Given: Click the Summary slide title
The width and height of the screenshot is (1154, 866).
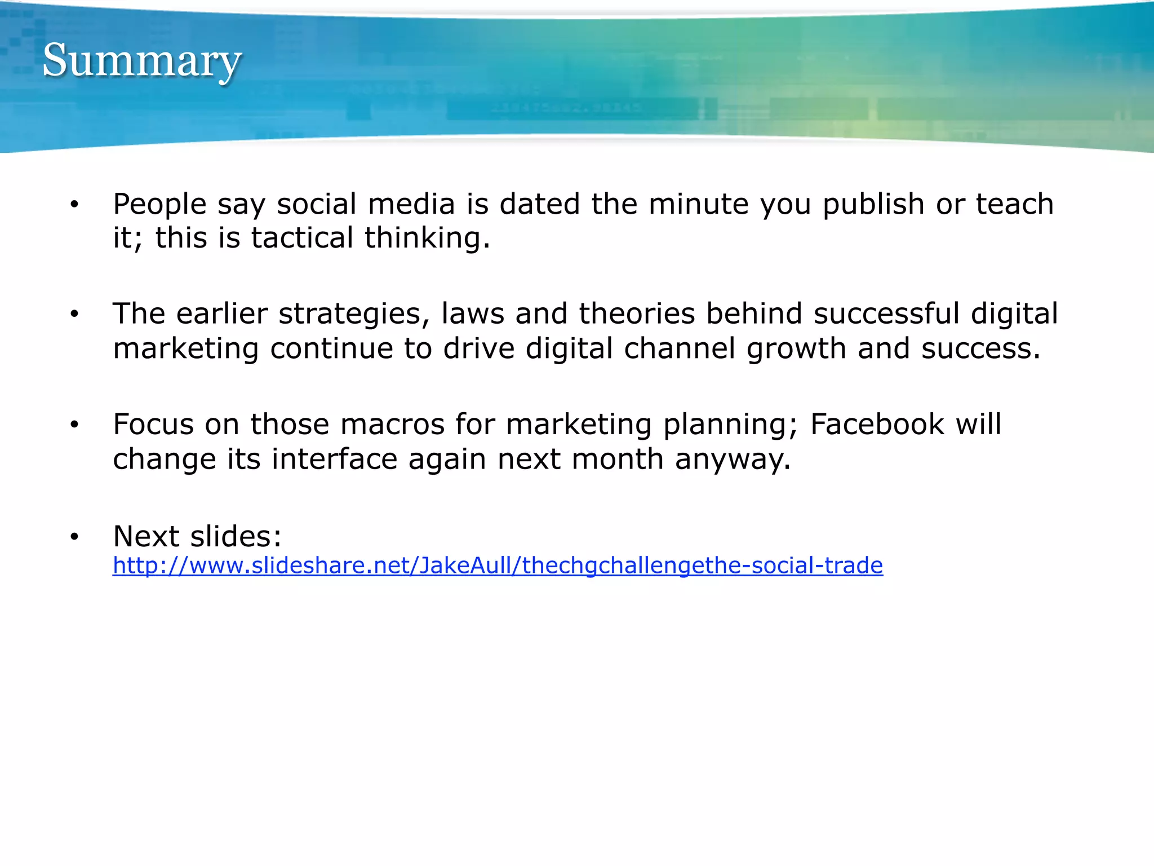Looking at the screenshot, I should point(142,61).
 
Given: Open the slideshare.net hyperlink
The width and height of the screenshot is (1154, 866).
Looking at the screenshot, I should point(498,565).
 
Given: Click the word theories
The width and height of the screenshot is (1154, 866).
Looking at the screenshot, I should point(637,313).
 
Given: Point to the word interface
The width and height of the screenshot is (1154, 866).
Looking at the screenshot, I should point(335,459).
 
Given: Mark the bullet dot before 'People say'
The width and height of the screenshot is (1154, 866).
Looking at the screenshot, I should point(74,205).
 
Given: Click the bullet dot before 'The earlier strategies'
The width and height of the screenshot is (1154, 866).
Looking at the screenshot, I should point(74,315).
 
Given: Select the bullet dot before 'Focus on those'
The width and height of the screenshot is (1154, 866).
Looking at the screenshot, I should point(74,425).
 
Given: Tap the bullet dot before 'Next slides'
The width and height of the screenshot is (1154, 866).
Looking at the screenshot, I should point(74,537).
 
